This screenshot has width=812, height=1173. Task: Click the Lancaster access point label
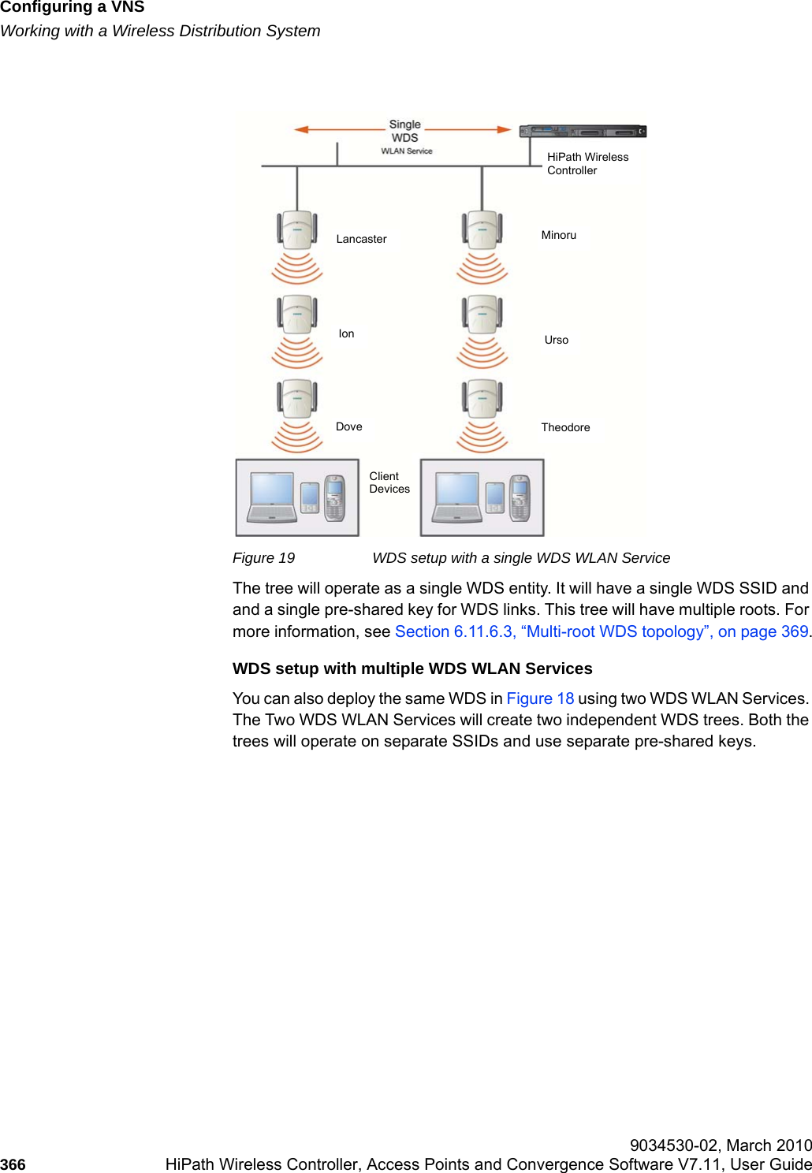point(361,239)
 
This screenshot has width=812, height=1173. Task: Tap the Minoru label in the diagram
point(558,235)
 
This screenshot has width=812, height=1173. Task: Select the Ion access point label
point(346,333)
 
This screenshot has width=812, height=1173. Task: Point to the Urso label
point(556,340)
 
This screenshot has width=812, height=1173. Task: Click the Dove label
point(348,426)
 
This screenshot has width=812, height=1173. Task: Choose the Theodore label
point(565,427)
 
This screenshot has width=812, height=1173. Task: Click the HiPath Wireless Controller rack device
point(583,131)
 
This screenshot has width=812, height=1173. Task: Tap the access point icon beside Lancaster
point(297,229)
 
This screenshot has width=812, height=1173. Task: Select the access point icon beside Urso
point(482,314)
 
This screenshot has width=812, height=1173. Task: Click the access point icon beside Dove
point(297,398)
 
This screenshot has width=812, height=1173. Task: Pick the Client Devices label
point(389,482)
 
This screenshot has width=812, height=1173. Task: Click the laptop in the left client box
point(272,497)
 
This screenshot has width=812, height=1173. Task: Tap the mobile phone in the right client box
point(520,497)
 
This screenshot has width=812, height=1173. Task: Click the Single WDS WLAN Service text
point(405,137)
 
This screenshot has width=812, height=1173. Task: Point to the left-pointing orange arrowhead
point(301,129)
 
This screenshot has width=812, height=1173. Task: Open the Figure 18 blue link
point(540,698)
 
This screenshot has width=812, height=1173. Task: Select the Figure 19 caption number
point(263,558)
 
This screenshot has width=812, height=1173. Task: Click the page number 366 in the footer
point(13,1164)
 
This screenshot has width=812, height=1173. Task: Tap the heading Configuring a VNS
point(73,8)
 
